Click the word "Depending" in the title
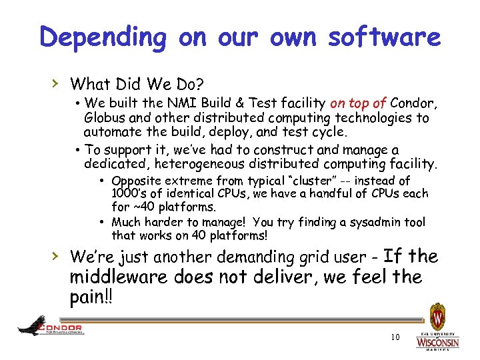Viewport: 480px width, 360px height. click(102, 37)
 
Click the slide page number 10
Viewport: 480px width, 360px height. click(395, 337)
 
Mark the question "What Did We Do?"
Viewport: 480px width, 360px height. click(137, 84)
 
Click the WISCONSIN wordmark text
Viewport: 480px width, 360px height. click(438, 342)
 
